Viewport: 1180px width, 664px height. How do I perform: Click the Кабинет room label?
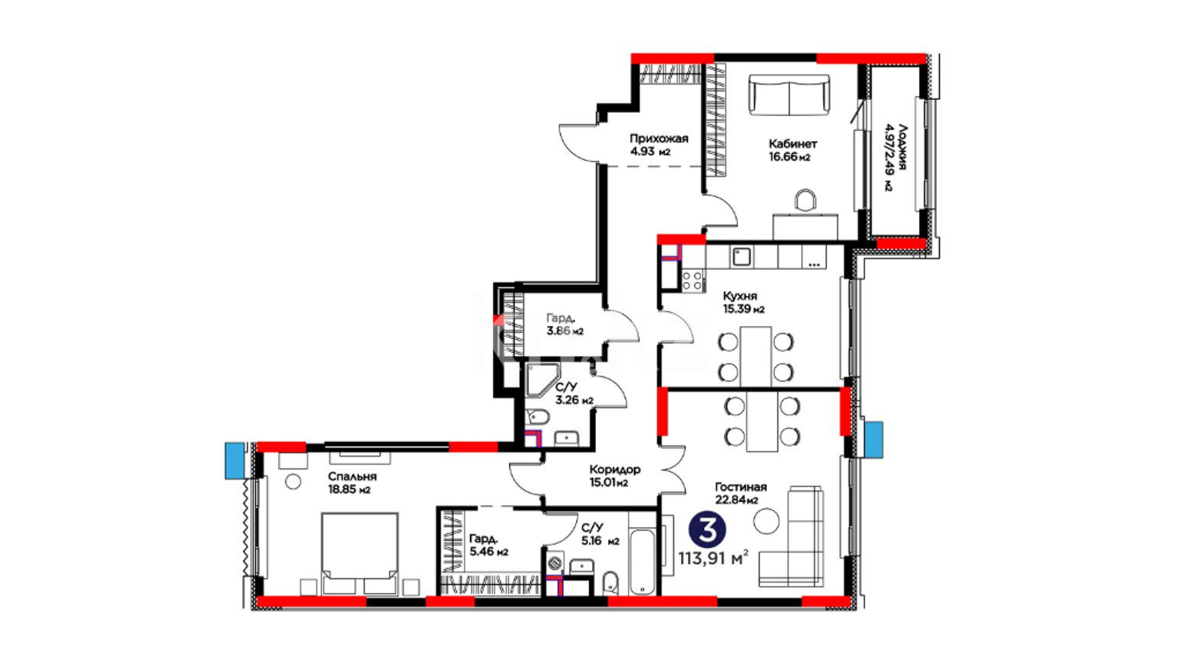click(793, 144)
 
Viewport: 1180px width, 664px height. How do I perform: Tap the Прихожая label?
click(658, 138)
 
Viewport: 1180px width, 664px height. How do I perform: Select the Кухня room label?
click(740, 296)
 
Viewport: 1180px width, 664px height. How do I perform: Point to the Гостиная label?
click(741, 487)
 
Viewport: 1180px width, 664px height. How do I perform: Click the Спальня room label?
click(352, 476)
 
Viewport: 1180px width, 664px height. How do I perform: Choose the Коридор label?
click(615, 469)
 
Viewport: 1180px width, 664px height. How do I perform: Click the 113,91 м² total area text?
click(714, 558)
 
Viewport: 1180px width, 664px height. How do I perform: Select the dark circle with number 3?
click(708, 531)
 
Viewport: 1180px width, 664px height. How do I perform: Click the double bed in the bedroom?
click(359, 554)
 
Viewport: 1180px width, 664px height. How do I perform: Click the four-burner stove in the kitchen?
click(693, 280)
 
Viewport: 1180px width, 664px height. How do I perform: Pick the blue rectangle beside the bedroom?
click(234, 460)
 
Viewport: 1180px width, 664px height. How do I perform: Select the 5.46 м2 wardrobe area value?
click(489, 552)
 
